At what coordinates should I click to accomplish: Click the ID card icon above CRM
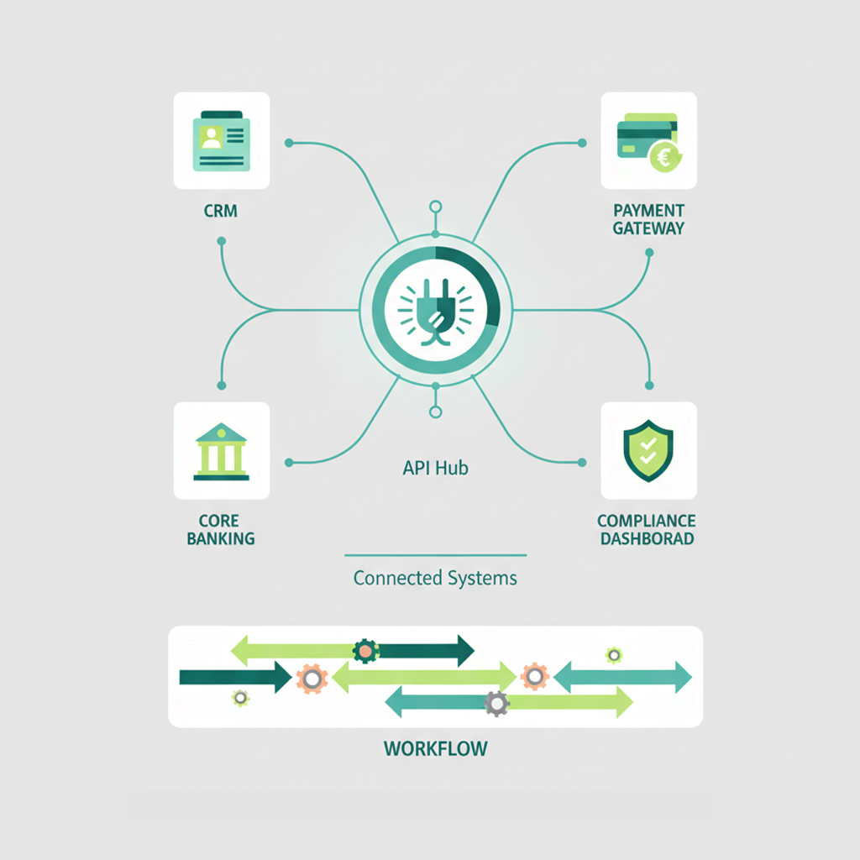coord(221,140)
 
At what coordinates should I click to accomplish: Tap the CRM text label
coord(221,211)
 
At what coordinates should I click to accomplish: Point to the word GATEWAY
coord(648,228)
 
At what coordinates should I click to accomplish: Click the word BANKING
coord(221,538)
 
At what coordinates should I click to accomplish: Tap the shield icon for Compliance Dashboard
coord(648,451)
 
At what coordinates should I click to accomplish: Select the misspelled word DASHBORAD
coord(648,538)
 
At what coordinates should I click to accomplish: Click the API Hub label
coord(435,468)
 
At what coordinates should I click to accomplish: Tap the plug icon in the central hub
coord(435,310)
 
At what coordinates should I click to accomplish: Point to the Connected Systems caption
coord(435,578)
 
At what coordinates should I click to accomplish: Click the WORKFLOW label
coord(435,747)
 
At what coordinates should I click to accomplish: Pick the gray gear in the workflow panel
coord(497,704)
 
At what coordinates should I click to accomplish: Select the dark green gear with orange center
coord(365,649)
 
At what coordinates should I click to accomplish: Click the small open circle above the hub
coord(435,207)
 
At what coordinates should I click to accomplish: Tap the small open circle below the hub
coord(435,412)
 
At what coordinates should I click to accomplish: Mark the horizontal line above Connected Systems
coord(435,555)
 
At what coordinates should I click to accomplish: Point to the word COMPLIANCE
coord(648,522)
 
